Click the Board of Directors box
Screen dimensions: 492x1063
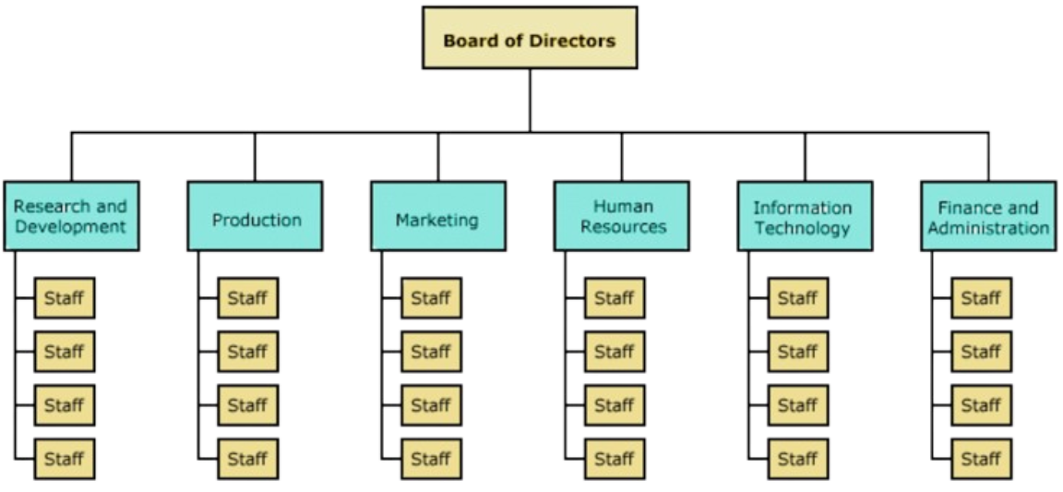coord(529,39)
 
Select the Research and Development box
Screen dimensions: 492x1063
coord(71,216)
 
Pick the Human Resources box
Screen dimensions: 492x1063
coord(621,216)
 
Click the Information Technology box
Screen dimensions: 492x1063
coord(804,216)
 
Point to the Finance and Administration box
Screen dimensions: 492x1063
coord(988,216)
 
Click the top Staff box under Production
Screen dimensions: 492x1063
coord(247,297)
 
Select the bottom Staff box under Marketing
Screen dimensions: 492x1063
coord(430,458)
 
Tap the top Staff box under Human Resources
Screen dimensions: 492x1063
coord(614,297)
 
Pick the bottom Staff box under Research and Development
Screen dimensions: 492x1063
coord(64,458)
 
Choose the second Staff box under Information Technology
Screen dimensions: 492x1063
coord(797,351)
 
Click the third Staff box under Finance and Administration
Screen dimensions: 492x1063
coord(981,404)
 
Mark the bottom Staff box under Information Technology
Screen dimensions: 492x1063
coord(797,458)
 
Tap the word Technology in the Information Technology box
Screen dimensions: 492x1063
coord(802,228)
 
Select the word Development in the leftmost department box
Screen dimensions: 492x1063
coord(70,227)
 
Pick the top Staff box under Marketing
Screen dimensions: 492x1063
coord(430,297)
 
